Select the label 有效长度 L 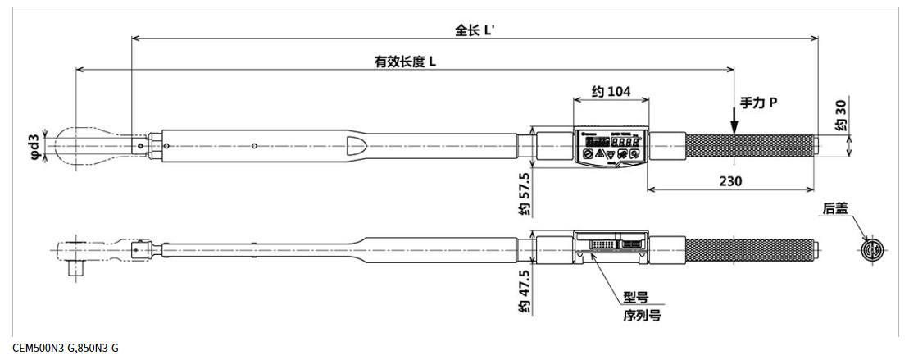click(x=405, y=62)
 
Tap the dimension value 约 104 click(x=611, y=92)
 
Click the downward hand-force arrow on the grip click(x=734, y=123)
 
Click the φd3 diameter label click(x=34, y=144)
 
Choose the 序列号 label click(x=640, y=315)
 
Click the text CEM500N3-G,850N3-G click(x=66, y=348)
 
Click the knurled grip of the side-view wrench click(x=750, y=248)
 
